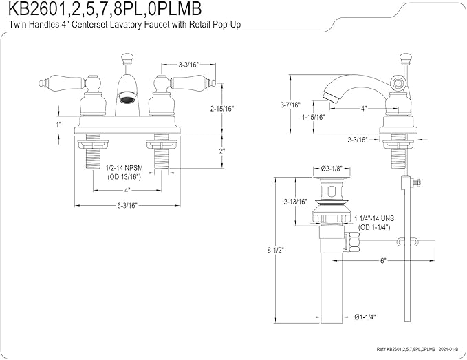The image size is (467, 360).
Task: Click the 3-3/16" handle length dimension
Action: click(188, 65)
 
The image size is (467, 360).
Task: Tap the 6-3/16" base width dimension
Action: click(127, 205)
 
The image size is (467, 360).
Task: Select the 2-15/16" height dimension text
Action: click(222, 109)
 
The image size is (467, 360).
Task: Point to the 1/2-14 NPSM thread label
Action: click(124, 168)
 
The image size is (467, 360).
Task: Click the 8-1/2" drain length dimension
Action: click(275, 251)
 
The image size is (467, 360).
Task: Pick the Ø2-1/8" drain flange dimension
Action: click(331, 169)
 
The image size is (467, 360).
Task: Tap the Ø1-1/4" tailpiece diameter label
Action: click(365, 317)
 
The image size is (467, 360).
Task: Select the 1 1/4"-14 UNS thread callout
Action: click(374, 218)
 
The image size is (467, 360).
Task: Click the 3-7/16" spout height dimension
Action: click(290, 105)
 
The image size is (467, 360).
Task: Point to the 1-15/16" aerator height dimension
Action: click(313, 118)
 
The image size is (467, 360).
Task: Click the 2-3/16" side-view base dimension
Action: click(358, 140)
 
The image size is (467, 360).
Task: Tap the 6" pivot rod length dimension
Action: click(383, 261)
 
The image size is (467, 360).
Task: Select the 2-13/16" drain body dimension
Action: click(295, 202)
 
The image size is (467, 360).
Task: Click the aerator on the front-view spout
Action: click(127, 98)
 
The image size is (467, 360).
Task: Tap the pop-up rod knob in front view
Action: click(127, 58)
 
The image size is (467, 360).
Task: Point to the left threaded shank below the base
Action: click(93, 151)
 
